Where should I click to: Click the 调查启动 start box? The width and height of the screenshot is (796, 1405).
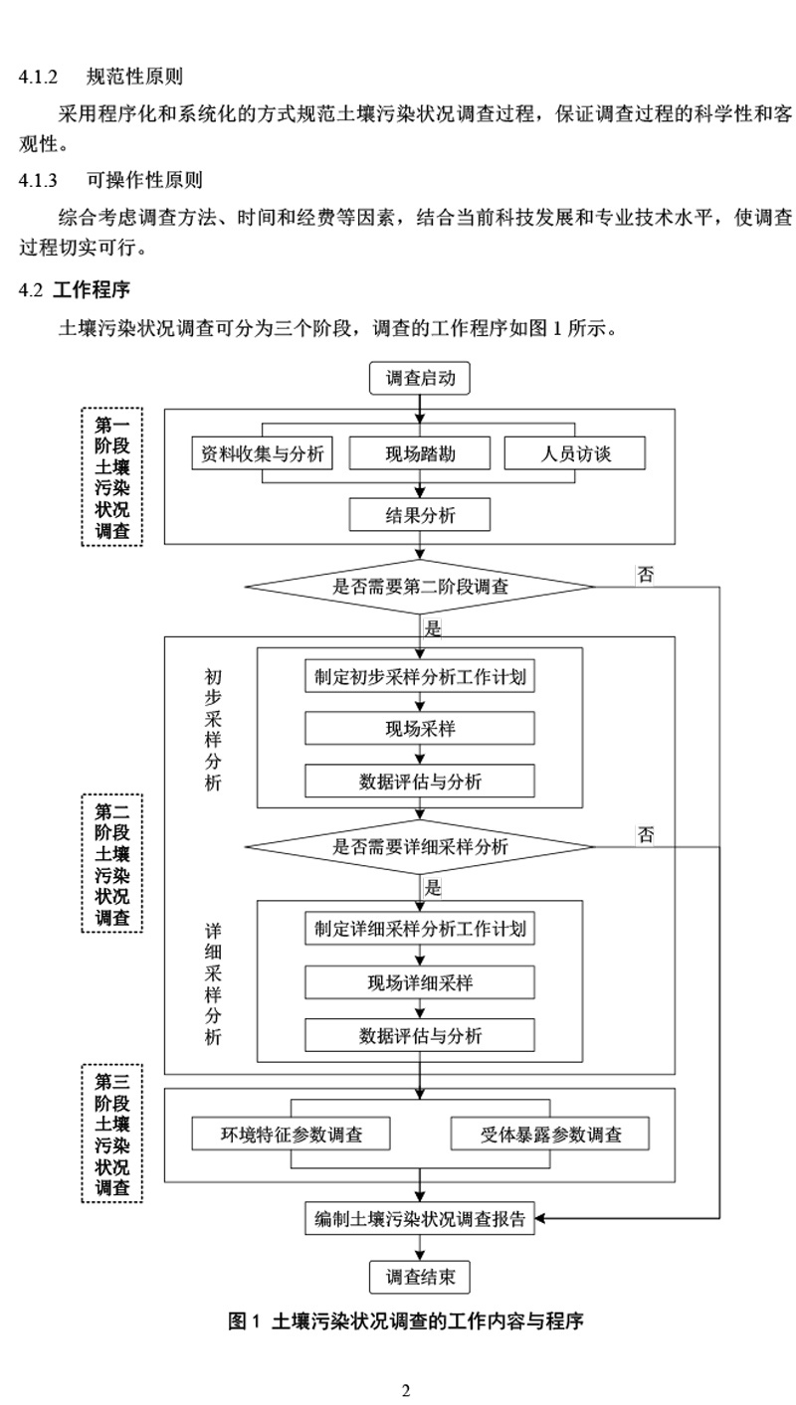[x=420, y=378]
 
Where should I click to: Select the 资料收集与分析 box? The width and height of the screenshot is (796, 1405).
[x=262, y=454]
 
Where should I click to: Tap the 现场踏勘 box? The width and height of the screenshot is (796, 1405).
[x=420, y=454]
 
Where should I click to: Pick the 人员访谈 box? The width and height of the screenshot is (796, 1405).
[x=575, y=454]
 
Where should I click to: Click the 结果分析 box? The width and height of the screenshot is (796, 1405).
[x=420, y=515]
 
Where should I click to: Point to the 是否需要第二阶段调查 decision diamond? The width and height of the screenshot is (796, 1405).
[x=420, y=586]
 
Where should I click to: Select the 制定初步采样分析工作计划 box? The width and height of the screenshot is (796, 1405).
[x=420, y=677]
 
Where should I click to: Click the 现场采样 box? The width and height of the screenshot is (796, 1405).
[x=420, y=729]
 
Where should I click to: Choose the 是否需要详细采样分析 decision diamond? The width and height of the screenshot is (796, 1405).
[x=420, y=847]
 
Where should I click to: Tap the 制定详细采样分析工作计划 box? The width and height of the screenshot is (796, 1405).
[x=420, y=930]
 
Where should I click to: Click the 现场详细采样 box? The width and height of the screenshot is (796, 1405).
[x=420, y=982]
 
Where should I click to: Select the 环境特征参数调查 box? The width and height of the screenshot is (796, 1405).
[x=291, y=1134]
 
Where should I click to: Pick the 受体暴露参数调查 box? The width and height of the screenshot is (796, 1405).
[x=550, y=1134]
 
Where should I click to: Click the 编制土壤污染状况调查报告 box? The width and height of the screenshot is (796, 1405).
[x=420, y=1218]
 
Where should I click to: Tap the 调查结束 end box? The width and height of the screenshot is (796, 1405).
[x=420, y=1278]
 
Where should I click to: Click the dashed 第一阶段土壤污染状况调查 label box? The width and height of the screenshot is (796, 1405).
[x=111, y=476]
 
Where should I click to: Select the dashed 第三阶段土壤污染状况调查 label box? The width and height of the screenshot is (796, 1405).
[x=111, y=1133]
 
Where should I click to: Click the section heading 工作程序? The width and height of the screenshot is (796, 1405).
[x=91, y=290]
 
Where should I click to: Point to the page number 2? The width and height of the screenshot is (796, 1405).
[x=406, y=1390]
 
